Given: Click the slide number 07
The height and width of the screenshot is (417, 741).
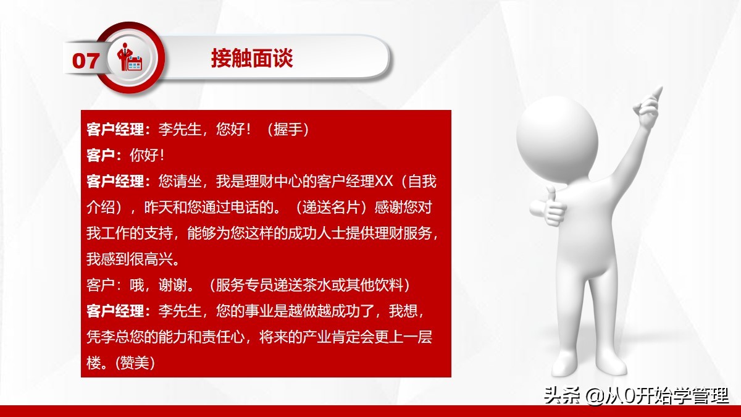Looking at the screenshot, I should coord(86,60).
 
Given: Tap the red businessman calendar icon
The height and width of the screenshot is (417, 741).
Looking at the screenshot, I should coord(131,58).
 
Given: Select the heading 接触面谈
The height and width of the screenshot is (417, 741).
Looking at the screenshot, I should coord(251,59).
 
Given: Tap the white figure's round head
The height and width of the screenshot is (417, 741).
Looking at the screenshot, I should coord(557,133).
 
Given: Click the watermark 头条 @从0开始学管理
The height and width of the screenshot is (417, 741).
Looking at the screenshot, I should coord(637,395).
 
